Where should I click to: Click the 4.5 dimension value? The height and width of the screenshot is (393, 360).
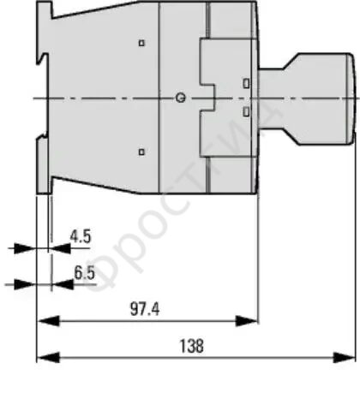click(x=81, y=236)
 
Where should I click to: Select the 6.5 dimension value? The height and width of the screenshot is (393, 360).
click(x=85, y=272)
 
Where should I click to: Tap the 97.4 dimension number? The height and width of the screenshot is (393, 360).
click(x=145, y=309)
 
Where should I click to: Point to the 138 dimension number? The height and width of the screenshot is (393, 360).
click(x=192, y=346)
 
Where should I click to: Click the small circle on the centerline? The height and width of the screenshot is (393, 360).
click(x=180, y=98)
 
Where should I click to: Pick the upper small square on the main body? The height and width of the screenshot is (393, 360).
click(x=141, y=43)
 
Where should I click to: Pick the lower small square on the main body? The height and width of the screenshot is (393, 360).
click(x=141, y=152)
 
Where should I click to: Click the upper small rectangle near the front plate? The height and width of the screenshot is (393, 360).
click(x=246, y=83)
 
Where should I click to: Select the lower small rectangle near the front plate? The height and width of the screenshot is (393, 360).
click(x=246, y=111)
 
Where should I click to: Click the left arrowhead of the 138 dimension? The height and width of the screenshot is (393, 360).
click(x=49, y=357)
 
